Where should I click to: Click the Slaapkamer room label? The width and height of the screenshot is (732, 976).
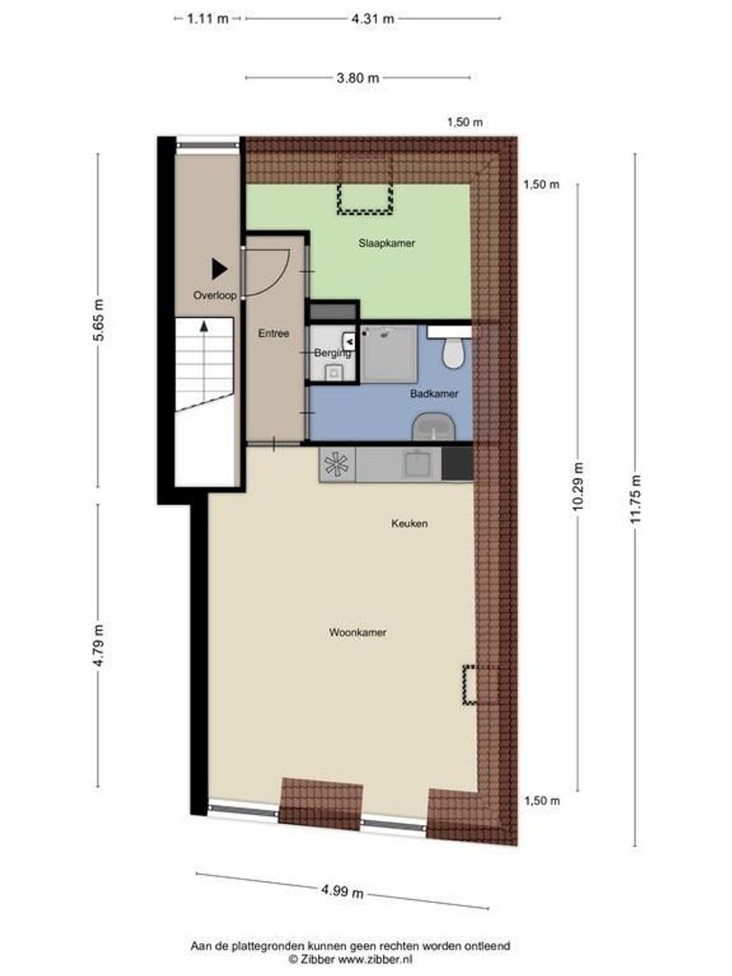[386, 243]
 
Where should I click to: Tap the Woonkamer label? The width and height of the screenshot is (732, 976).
[358, 633]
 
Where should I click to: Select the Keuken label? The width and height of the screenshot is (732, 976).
[409, 523]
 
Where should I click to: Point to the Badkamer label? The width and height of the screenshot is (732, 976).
[434, 394]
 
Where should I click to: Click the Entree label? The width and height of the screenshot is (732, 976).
[274, 333]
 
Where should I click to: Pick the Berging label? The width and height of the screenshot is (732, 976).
[332, 353]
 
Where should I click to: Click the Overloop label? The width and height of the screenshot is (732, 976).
[214, 296]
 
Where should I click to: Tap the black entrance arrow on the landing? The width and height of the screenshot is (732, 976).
[219, 268]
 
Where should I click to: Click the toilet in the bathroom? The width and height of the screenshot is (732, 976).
[454, 352]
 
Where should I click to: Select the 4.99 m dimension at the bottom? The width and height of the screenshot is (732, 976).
[343, 892]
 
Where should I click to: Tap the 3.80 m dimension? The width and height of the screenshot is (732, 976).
[357, 78]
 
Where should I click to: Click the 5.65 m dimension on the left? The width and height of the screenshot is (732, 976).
[100, 319]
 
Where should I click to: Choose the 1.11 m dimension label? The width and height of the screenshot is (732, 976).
[208, 18]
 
